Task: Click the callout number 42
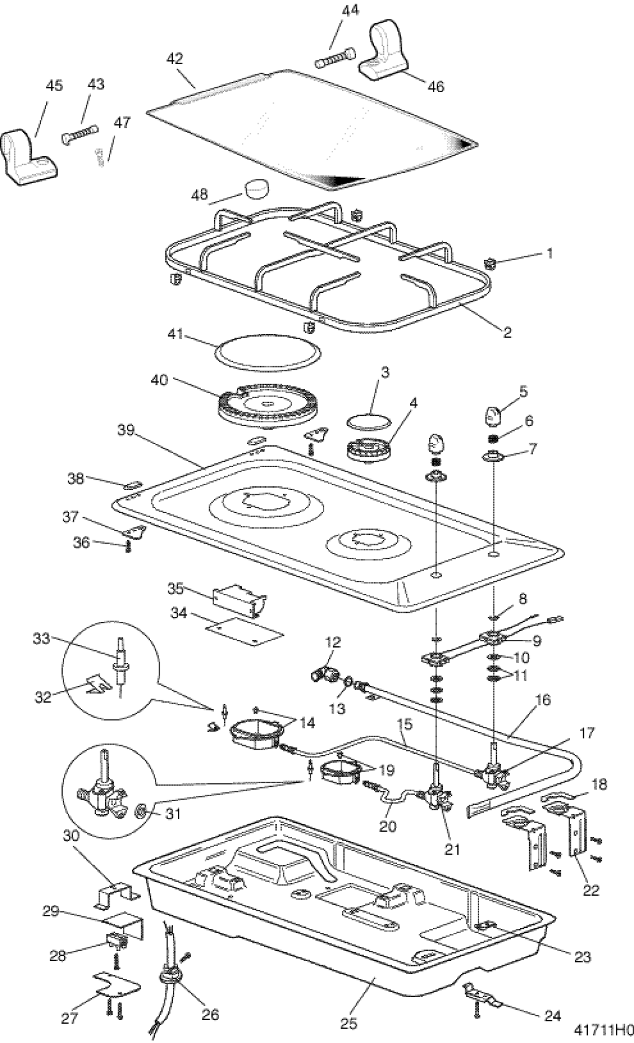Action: pyautogui.click(x=175, y=59)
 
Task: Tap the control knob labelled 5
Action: pyautogui.click(x=495, y=415)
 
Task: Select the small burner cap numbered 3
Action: pyautogui.click(x=368, y=420)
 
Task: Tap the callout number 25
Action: pyautogui.click(x=349, y=1023)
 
